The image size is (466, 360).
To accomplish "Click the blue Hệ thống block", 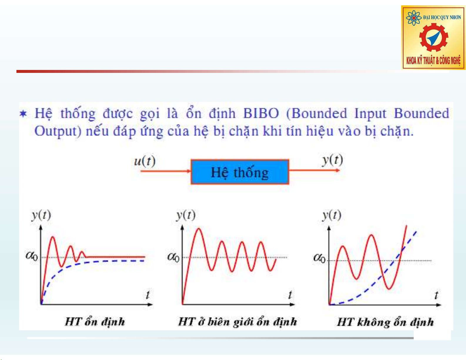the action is (240, 172).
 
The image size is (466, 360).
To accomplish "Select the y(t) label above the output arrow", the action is (333, 160).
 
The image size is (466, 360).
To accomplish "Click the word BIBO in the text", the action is (261, 113).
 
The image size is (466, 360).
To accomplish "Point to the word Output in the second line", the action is (58, 131).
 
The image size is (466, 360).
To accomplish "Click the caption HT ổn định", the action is (95, 322).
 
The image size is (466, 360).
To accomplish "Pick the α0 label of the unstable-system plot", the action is (319, 258).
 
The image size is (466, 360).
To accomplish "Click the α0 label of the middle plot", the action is (173, 257).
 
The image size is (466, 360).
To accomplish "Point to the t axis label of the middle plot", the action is (290, 295).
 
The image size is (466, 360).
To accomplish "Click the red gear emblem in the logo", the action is (434, 38).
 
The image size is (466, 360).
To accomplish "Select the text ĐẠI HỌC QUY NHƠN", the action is (442, 17).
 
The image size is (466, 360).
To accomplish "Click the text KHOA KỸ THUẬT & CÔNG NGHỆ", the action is (433, 60).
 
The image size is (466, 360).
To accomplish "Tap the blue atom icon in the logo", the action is (414, 18).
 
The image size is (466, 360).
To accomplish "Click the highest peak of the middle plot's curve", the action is (199, 229).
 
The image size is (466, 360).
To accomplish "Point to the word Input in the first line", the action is (370, 113).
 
